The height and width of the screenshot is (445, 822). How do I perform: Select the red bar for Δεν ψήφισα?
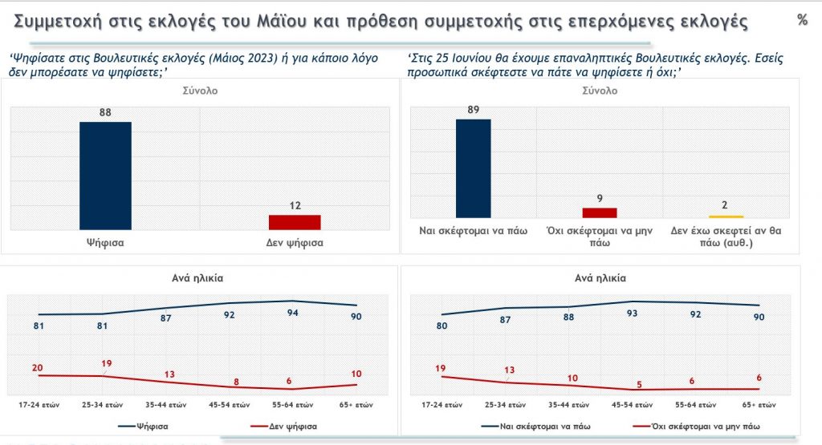294,222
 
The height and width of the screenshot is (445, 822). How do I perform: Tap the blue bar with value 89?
472,168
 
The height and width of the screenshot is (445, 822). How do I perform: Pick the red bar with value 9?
599,212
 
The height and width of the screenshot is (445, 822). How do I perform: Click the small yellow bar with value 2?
725,216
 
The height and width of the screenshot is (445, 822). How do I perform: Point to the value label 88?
104,113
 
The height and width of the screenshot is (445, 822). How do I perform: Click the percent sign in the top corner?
802,21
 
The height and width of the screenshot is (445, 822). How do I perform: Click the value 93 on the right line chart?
632,314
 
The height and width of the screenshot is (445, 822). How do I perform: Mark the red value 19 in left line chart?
107,363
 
